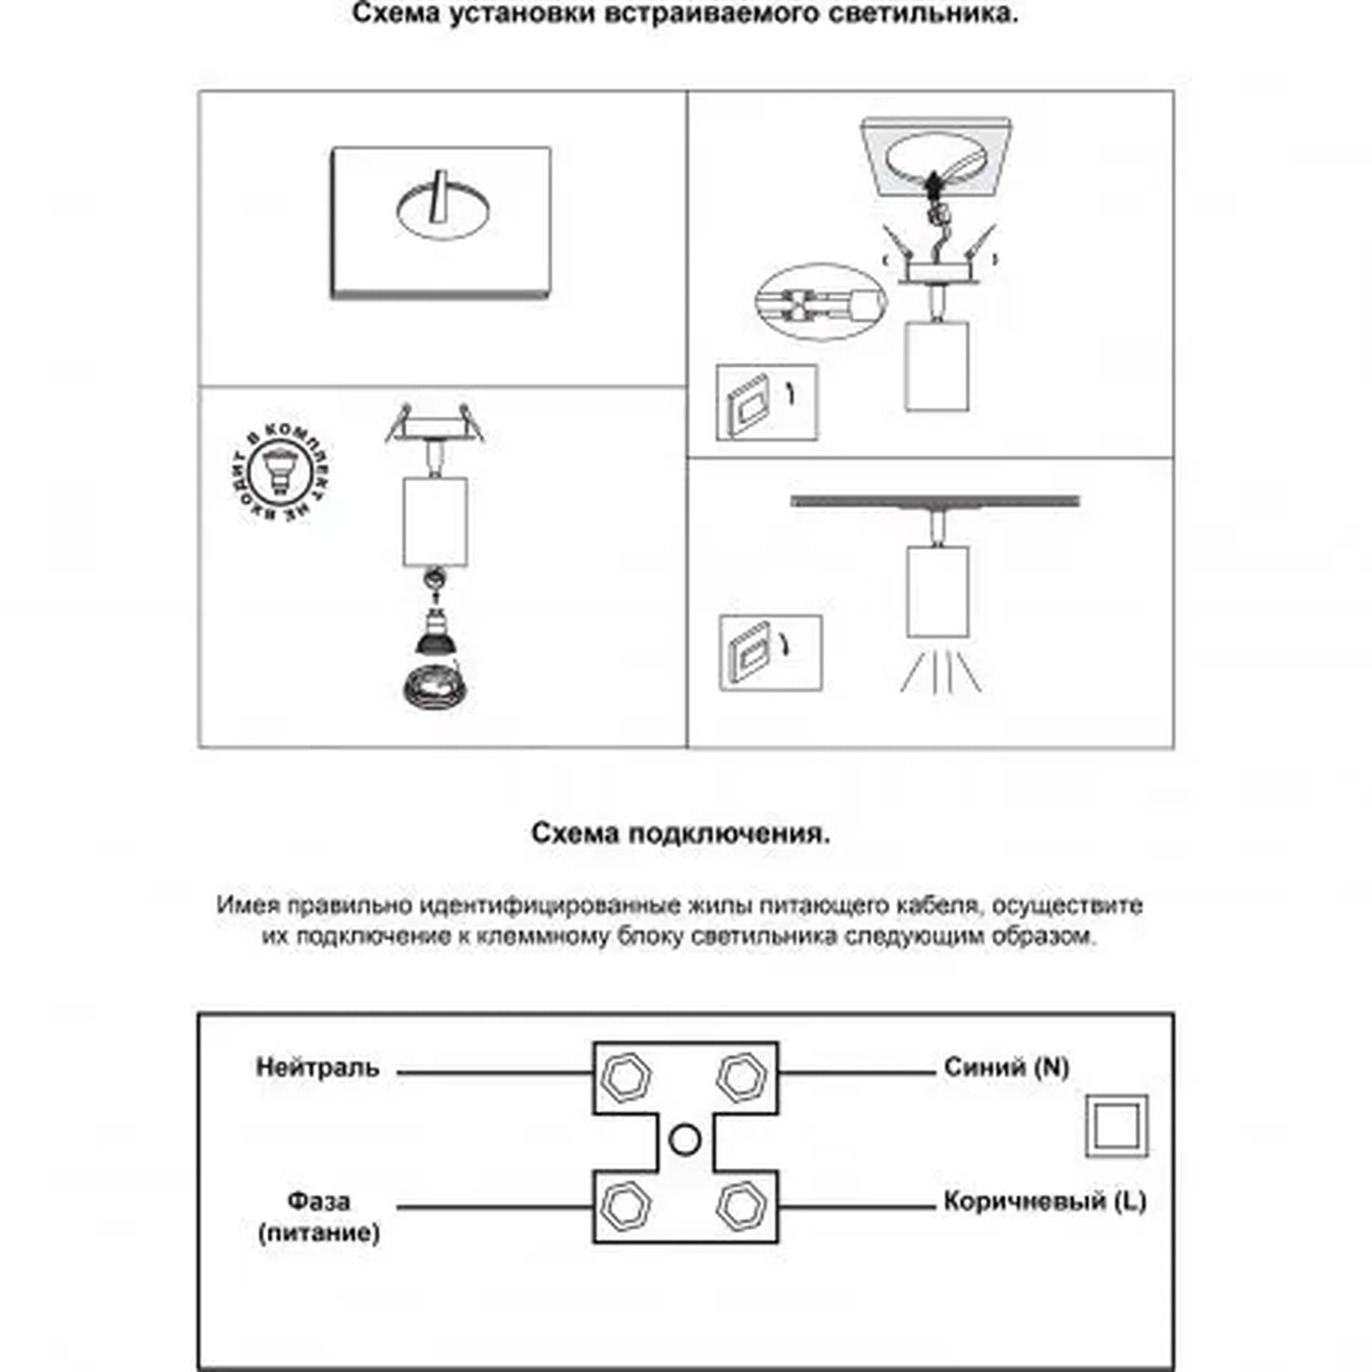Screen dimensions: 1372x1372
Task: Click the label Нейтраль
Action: point(317,1067)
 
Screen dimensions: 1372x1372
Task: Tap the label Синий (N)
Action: point(1006,1066)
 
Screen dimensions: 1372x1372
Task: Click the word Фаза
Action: point(318,1200)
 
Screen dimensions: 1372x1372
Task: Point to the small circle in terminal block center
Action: point(684,1140)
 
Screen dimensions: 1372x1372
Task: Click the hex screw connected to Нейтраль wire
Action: point(625,1077)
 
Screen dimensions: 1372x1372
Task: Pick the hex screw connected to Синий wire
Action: point(742,1077)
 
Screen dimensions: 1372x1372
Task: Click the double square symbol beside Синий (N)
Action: point(1117,1126)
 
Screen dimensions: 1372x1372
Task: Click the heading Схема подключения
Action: point(680,833)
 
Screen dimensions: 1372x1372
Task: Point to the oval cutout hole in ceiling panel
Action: point(443,209)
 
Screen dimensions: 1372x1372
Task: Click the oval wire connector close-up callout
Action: point(820,302)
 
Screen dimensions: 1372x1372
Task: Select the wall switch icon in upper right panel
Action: point(767,403)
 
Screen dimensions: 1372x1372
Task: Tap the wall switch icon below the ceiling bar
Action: point(770,652)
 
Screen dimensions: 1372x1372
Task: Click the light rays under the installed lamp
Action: point(941,672)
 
